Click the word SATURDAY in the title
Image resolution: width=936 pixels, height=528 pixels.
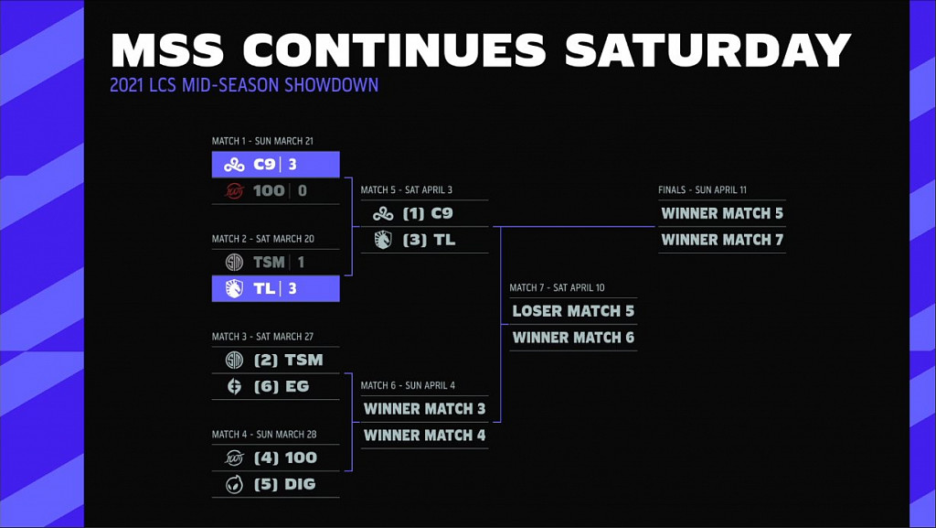708,50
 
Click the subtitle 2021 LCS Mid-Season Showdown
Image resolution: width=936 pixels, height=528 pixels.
244,86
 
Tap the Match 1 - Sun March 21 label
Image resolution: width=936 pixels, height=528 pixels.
262,141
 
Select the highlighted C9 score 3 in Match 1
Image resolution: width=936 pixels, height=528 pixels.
292,165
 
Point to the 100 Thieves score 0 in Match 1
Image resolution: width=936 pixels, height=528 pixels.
303,190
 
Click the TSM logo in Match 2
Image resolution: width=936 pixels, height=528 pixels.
233,262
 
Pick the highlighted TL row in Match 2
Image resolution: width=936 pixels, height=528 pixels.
275,288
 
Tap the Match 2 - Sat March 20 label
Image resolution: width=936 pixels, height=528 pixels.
263,239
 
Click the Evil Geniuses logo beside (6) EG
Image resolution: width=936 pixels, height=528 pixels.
234,386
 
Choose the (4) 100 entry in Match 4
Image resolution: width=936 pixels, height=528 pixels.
285,458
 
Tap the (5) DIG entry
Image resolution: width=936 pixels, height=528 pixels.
284,484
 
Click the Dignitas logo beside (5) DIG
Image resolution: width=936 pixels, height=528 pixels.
234,484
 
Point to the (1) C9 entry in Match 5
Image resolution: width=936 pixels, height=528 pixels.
428,213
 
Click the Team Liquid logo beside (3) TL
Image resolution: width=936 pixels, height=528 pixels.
382,240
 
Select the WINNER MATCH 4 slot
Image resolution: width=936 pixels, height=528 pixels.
424,435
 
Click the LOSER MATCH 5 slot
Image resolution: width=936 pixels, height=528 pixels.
573,311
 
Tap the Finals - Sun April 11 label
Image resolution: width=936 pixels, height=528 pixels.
702,190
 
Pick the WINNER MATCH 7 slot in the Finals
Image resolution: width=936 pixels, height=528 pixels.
722,240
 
